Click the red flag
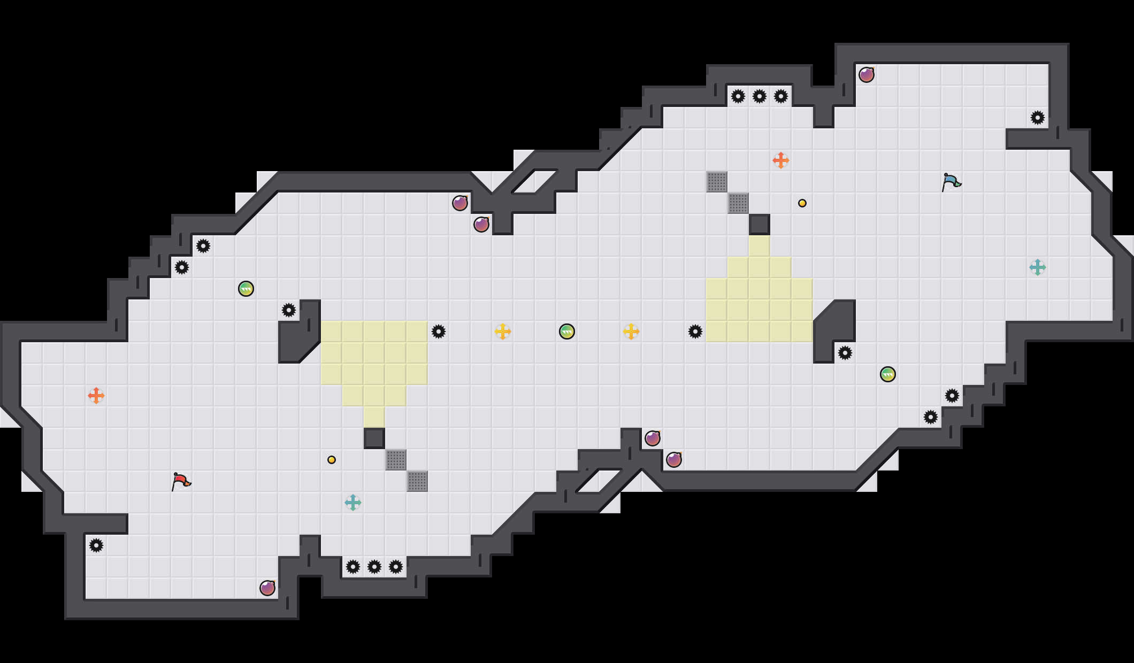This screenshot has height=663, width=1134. (x=181, y=481)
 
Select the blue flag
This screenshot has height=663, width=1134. (x=951, y=182)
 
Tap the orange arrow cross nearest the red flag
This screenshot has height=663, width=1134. (x=96, y=396)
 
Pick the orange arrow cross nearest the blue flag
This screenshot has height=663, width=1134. (x=781, y=160)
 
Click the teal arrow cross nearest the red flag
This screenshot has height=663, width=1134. (x=353, y=503)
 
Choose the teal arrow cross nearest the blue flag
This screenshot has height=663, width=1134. (x=1038, y=267)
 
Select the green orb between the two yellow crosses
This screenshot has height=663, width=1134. (x=567, y=331)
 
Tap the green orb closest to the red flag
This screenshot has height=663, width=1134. (x=246, y=289)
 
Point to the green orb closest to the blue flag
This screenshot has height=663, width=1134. (x=888, y=374)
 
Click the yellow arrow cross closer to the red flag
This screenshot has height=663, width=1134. (x=503, y=331)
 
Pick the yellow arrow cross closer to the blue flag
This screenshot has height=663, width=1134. (x=631, y=331)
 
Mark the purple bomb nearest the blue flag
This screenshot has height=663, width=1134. (x=867, y=75)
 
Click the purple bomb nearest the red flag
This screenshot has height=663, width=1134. (x=267, y=588)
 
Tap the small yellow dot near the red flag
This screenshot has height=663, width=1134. (x=332, y=460)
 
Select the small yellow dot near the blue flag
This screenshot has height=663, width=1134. (x=802, y=203)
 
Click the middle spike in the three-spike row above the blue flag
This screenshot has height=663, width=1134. (x=760, y=96)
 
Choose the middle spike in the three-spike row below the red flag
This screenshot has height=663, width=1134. (x=374, y=567)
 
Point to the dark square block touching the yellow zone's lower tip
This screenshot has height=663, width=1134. (x=374, y=438)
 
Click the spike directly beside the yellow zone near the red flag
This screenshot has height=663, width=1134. (x=439, y=331)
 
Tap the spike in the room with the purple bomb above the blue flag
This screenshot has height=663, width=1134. (x=1038, y=118)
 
